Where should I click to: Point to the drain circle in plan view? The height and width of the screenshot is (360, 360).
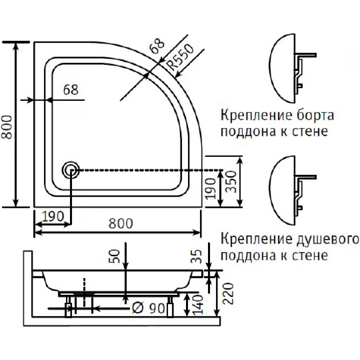click(x=70, y=170)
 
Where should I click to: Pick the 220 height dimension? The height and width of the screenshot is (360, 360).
click(x=228, y=294)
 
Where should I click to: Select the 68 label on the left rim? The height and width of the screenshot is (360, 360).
click(x=71, y=90)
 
